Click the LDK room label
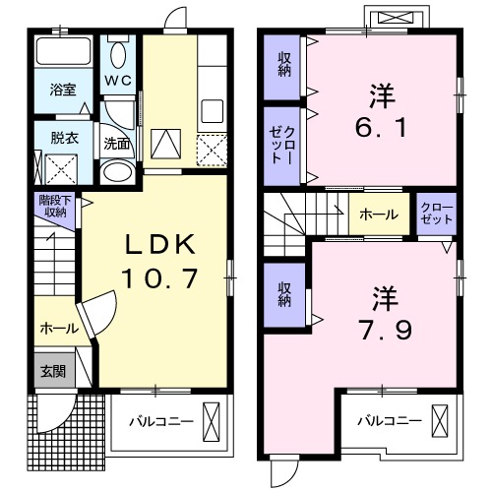(x=158, y=245)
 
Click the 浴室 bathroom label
(x=63, y=90)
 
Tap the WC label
(x=120, y=80)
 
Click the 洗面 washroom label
(x=117, y=143)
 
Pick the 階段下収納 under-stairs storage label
(x=53, y=206)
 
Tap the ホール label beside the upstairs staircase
(x=378, y=214)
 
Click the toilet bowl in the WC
(x=120, y=55)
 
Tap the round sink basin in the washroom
(x=117, y=172)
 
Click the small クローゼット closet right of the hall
(x=433, y=214)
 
